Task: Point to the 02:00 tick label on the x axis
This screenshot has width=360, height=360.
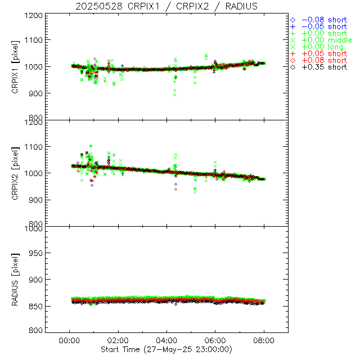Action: (x=118, y=341)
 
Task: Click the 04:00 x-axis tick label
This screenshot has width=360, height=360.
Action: (x=167, y=341)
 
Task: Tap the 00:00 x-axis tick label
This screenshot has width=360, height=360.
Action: (x=69, y=341)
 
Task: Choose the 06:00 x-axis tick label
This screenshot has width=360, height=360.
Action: (x=215, y=341)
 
